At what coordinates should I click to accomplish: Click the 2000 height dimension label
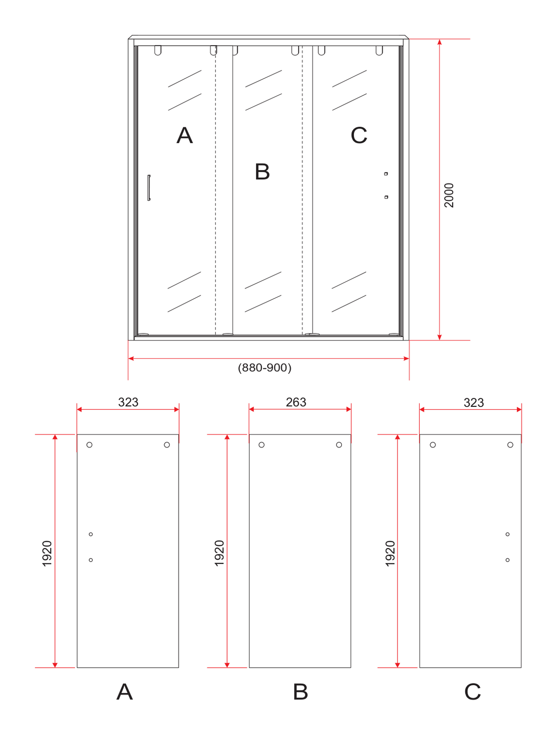pos(448,195)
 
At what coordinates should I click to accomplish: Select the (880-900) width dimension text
pos(265,367)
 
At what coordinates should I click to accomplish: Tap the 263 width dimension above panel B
pos(296,402)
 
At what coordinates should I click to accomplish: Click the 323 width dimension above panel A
pos(128,402)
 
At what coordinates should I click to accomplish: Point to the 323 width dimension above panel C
pos(474,403)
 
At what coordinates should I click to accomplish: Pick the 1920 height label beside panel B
pos(219,553)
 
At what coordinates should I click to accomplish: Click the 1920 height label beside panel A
pos(47,553)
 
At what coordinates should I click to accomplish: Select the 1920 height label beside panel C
pos(390,553)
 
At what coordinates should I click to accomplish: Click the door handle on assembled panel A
pos(149,187)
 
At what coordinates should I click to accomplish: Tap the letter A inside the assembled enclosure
pos(185,135)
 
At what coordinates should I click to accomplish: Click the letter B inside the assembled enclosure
pos(262,171)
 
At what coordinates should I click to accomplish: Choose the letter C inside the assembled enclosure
pos(359,135)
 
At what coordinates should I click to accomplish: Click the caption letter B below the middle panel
pos(301,692)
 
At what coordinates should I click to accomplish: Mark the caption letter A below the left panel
pos(124,692)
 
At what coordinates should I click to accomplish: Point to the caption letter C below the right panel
pos(472,692)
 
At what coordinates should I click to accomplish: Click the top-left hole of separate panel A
pos(89,445)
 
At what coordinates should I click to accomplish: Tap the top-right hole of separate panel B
pos(339,445)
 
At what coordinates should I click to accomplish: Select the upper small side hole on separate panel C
pos(508,534)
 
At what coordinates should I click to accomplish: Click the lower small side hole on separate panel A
pos(91,560)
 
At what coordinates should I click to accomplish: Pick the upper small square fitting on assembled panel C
pos(386,174)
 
